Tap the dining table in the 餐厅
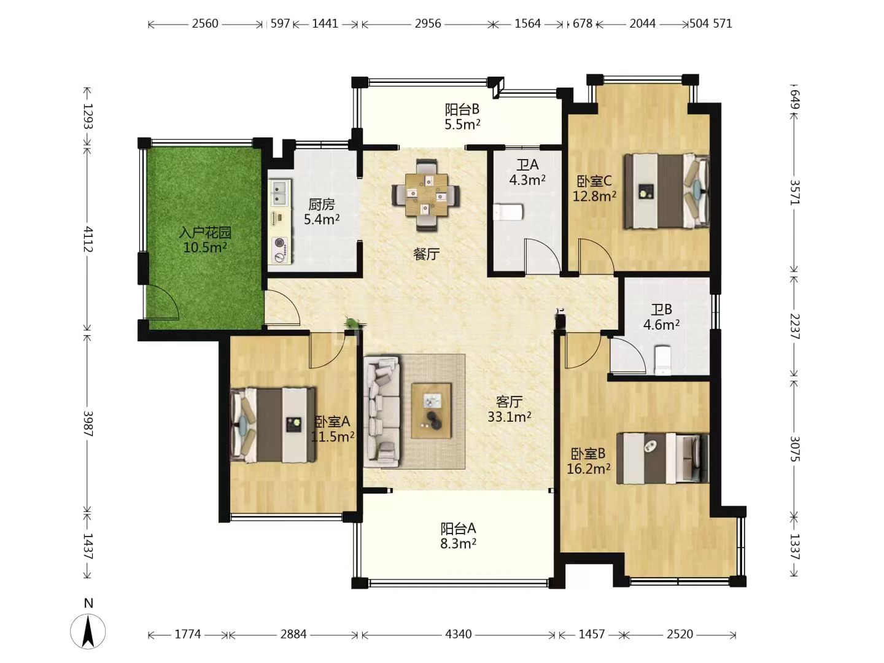[426, 195]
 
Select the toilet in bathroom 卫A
[509, 212]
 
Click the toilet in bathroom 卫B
[663, 360]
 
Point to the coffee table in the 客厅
[431, 411]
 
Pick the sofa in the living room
[382, 411]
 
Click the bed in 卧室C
[667, 191]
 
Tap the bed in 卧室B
[662, 458]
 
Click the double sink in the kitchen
[279, 192]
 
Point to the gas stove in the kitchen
[281, 249]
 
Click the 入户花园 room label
[205, 232]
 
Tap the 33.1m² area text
[510, 416]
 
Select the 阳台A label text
[459, 528]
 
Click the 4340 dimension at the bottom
[459, 634]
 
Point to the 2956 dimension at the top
[428, 24]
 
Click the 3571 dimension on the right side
[794, 192]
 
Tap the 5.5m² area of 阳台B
[462, 125]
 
